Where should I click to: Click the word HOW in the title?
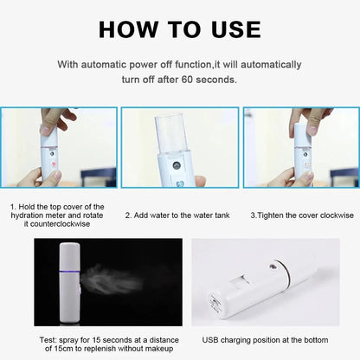(131, 29)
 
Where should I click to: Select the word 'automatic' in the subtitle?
(110, 65)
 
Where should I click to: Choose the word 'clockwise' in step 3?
(329, 214)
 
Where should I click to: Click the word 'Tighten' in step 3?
(274, 214)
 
